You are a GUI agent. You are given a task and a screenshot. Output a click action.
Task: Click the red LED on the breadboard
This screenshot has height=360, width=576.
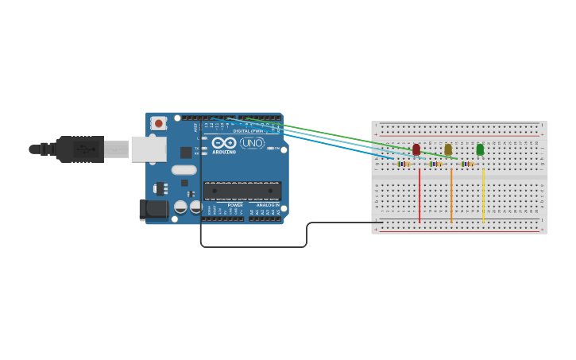point(416,149)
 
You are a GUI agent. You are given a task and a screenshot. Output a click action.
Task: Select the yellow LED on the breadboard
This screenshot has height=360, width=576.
point(448,149)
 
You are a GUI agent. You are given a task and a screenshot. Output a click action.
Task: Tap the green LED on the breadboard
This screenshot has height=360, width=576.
point(480,149)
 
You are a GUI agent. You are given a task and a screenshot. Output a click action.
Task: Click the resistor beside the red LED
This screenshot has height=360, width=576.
point(404,164)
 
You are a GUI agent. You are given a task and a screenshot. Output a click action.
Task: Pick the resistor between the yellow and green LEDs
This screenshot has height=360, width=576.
point(467,164)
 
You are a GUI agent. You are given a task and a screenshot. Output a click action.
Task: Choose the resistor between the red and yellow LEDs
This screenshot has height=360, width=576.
point(435,164)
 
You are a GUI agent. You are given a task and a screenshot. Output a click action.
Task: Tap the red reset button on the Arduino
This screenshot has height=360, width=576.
point(159,123)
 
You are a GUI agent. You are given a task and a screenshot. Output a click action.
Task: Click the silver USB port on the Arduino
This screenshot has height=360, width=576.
point(149,149)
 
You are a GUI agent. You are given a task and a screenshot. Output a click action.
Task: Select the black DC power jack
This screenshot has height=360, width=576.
point(153,210)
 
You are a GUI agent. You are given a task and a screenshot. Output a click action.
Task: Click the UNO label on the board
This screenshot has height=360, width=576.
point(252,143)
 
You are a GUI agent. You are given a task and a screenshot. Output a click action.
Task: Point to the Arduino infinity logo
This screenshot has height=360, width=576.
point(223,143)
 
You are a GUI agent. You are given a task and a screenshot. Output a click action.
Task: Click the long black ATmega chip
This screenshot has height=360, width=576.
point(242,191)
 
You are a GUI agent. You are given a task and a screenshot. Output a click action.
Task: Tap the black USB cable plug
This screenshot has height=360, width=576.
point(79,149)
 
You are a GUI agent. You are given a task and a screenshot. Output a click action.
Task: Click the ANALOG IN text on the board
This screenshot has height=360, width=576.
point(266,205)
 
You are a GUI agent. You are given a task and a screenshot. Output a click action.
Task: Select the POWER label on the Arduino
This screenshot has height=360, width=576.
point(235,205)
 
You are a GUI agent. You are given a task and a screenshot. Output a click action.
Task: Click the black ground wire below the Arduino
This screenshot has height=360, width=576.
point(254,247)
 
